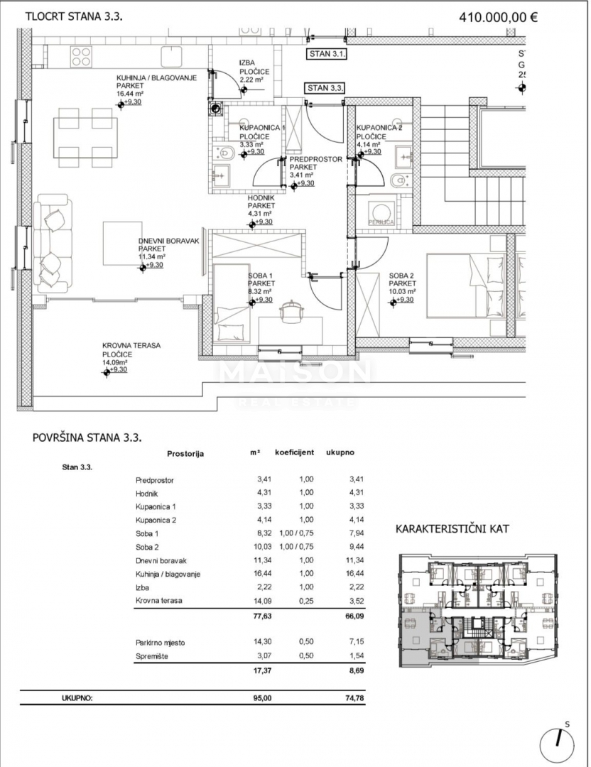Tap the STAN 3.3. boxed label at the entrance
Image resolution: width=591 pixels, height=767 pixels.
click(325, 88)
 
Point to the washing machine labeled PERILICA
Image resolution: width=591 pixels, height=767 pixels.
click(381, 212)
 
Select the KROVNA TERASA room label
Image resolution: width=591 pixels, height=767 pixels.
click(131, 346)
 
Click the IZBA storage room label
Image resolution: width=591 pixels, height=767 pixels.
click(246, 62)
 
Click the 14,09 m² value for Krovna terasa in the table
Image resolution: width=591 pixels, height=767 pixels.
click(264, 600)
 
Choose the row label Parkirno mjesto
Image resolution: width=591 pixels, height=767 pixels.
click(160, 642)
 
